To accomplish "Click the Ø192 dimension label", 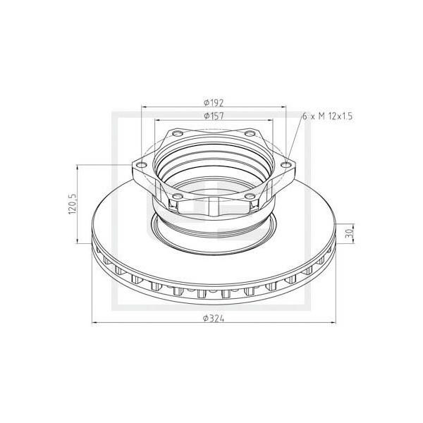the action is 214,103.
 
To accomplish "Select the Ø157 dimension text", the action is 214,116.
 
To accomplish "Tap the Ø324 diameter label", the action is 214,319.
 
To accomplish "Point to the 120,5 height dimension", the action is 73,204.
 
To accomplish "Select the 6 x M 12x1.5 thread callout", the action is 328,116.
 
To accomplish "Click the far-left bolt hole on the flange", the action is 142,164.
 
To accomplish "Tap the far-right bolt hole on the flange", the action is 286,164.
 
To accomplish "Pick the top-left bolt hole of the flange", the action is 177,133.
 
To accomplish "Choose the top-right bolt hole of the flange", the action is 250,133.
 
